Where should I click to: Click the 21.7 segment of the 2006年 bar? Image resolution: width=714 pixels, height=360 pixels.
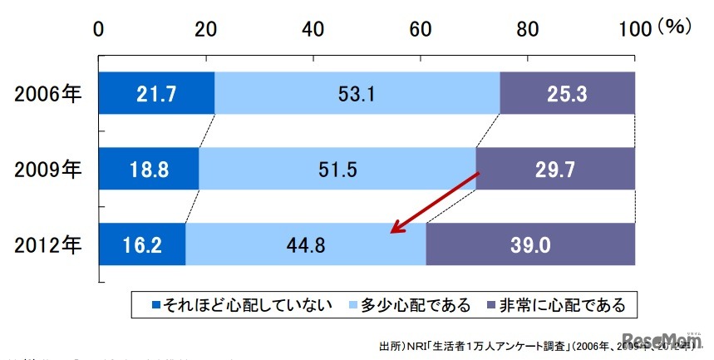pyautogui.click(x=156, y=93)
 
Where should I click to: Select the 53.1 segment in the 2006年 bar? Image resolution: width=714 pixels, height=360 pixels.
pyautogui.click(x=357, y=93)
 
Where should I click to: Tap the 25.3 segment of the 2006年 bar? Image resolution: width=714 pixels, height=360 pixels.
pyautogui.click(x=568, y=93)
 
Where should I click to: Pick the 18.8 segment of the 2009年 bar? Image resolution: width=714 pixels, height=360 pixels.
pyautogui.click(x=149, y=170)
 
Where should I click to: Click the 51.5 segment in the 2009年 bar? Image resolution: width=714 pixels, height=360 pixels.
pyautogui.click(x=337, y=170)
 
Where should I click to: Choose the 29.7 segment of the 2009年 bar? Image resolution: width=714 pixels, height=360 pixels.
pyautogui.click(x=555, y=170)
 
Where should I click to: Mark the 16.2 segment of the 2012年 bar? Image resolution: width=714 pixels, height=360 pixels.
pyautogui.click(x=142, y=245)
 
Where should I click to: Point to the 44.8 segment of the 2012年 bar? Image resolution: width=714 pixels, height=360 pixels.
pyautogui.click(x=306, y=245)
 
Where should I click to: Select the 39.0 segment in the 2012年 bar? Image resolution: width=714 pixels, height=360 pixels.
pyautogui.click(x=530, y=245)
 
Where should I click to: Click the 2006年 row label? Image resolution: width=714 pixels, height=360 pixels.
pyautogui.click(x=47, y=93)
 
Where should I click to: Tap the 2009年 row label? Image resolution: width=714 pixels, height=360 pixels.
pyautogui.click(x=47, y=170)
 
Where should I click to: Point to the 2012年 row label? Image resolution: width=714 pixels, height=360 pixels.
pyautogui.click(x=47, y=245)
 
